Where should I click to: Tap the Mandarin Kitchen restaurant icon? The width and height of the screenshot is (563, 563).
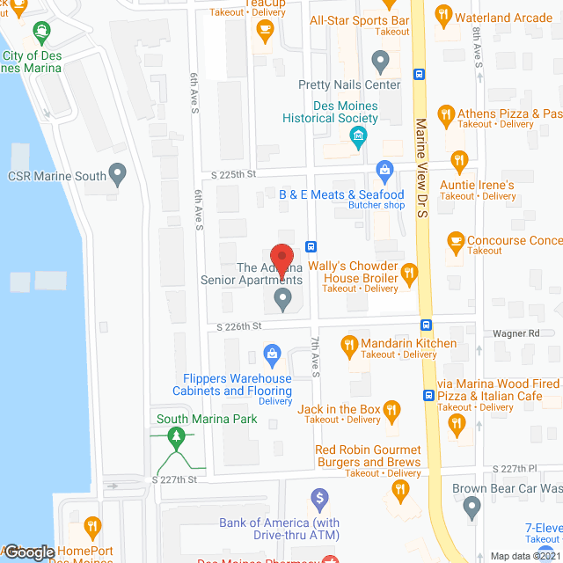[348, 344]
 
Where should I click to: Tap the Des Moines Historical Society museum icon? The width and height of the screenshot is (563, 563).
[358, 135]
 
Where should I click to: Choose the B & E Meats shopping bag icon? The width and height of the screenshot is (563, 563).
[384, 170]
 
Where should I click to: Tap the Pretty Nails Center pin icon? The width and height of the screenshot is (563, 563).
[380, 62]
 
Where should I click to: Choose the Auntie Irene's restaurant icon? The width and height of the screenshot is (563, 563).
[457, 161]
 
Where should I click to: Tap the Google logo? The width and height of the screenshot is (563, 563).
[29, 552]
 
